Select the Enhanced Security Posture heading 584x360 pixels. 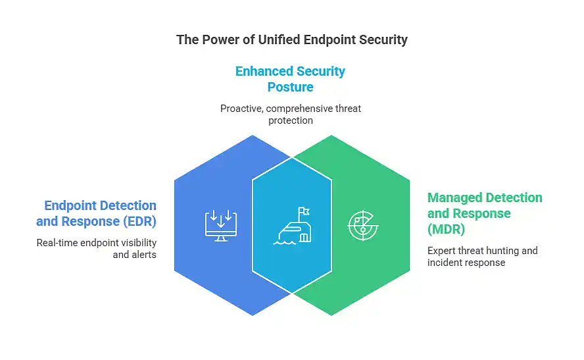click(290, 78)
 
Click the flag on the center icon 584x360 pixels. click(303, 213)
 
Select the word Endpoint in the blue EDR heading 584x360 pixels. click(71, 206)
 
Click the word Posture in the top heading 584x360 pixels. click(290, 87)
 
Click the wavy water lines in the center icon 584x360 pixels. click(285, 240)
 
